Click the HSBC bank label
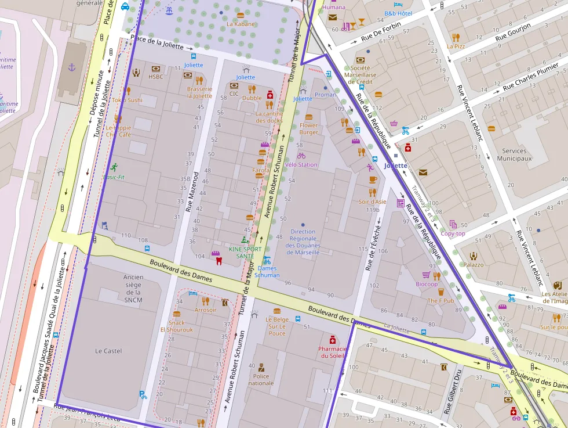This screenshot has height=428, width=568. [x=155, y=77]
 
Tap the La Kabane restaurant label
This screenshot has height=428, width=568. [x=241, y=24]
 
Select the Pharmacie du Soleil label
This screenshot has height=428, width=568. [x=332, y=352]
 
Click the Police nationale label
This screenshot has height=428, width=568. [x=261, y=379]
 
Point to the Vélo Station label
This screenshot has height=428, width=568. [x=301, y=164]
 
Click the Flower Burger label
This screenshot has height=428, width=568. [x=308, y=128]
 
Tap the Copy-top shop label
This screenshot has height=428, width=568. [x=453, y=233]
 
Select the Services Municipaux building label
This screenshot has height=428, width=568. [x=514, y=154]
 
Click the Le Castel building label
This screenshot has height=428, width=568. [x=108, y=351]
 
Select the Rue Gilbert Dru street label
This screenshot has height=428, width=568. [x=453, y=391]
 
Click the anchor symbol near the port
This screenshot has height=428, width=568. [x=72, y=67]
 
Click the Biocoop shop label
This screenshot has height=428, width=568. [x=427, y=284]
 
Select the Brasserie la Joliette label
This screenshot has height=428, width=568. [x=199, y=92]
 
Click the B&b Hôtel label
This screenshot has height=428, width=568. [x=398, y=13]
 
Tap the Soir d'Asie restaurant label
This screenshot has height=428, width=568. [x=372, y=202]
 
